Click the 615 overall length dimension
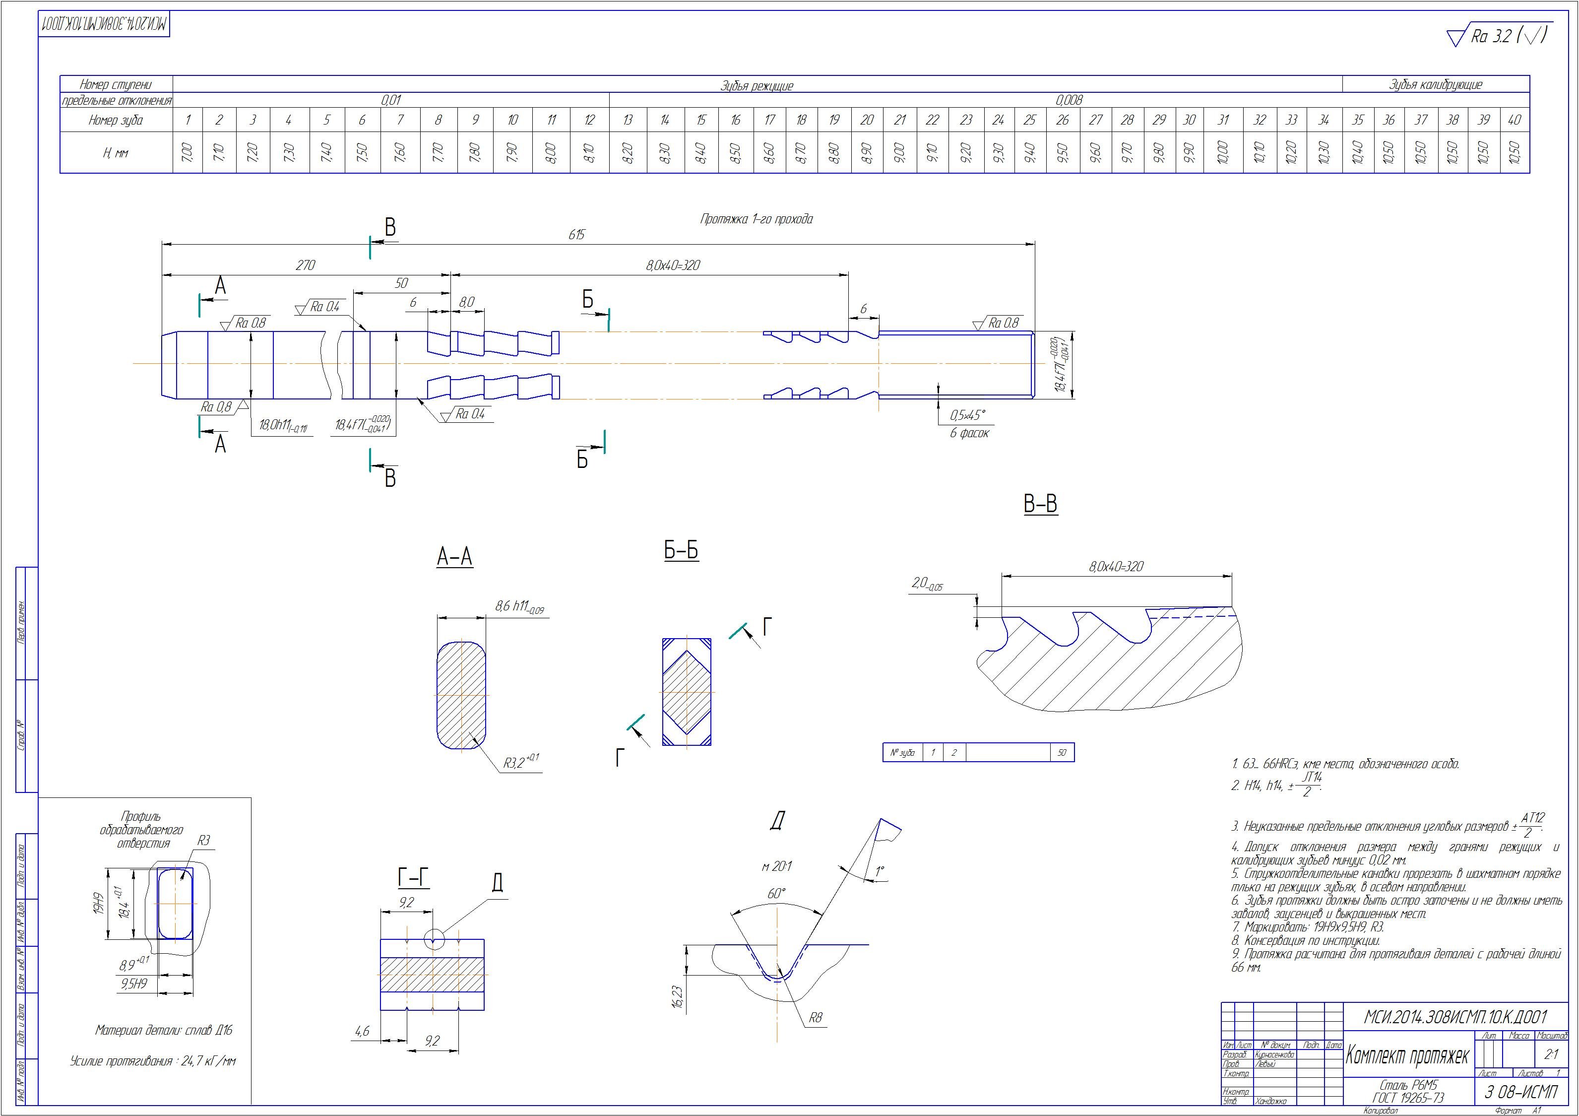(576, 235)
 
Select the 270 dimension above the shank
(306, 265)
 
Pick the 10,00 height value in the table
(1223, 152)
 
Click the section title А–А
(454, 557)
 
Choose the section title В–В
(1040, 504)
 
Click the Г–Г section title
(413, 879)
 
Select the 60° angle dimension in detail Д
(776, 894)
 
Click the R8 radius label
(815, 1018)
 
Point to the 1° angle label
(880, 871)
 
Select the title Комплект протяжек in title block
(1406, 1075)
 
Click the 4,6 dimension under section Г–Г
(362, 1031)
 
